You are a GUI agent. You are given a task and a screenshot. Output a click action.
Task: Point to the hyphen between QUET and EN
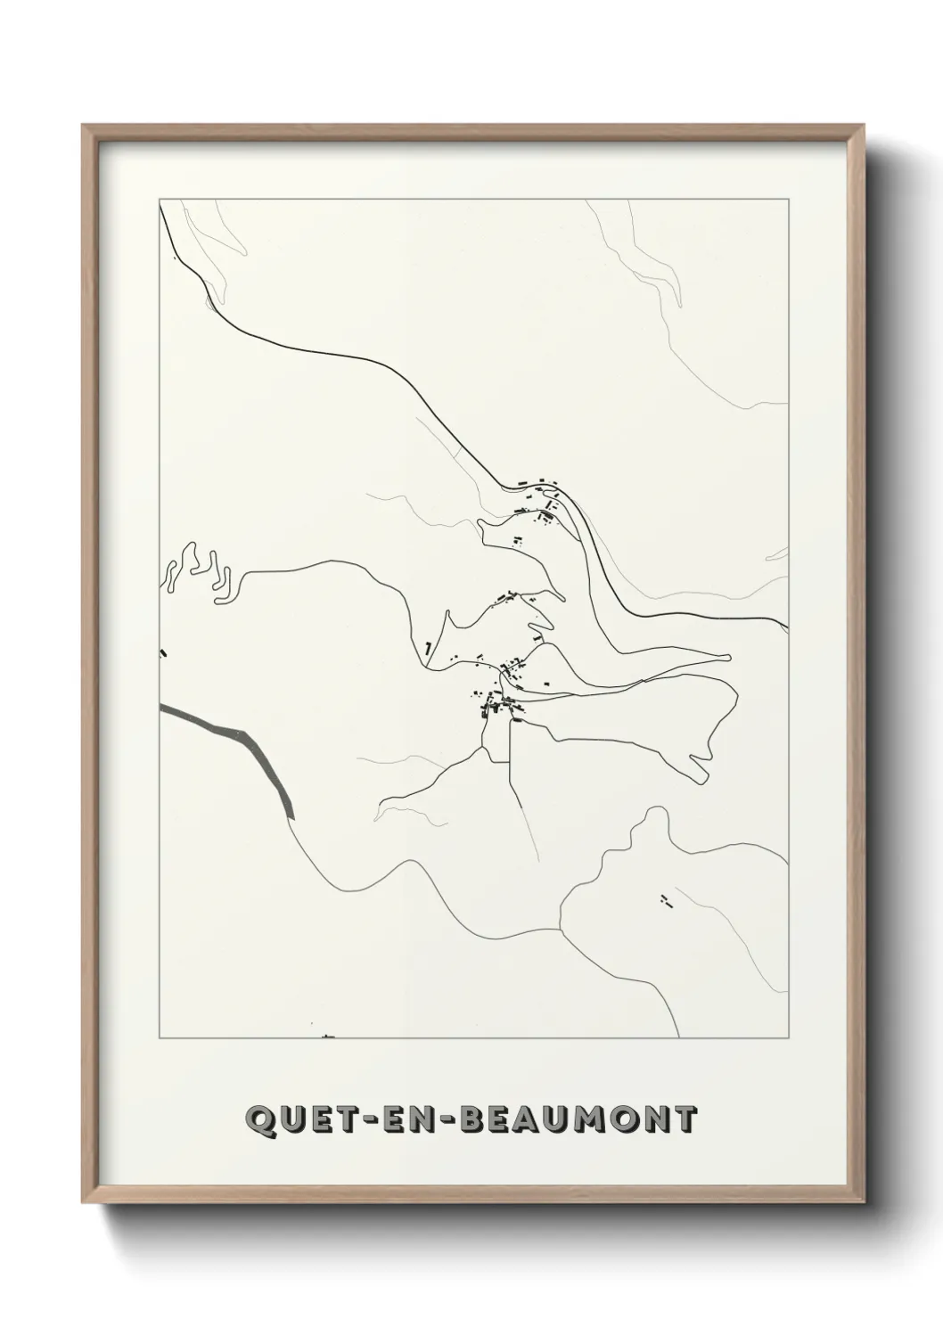pos(364,1119)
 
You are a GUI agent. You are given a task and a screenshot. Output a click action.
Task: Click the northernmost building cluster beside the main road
pos(544,499)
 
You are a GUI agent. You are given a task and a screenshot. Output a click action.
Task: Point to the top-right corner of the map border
pos(788,199)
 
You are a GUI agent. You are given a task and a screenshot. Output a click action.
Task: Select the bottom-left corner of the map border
pos(159,1038)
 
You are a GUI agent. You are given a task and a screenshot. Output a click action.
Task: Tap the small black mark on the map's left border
pos(163,653)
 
